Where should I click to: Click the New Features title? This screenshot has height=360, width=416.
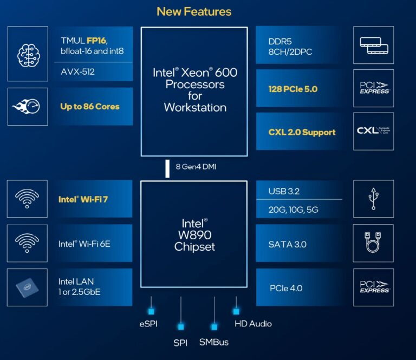click(194, 11)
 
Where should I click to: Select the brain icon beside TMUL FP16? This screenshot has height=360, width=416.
click(26, 53)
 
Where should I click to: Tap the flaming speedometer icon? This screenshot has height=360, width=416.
click(26, 106)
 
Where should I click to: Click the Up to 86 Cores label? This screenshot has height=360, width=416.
click(89, 106)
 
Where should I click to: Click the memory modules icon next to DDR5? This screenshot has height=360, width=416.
click(374, 45)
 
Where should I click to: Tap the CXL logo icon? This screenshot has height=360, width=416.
click(374, 131)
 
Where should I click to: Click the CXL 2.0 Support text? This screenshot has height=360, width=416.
click(302, 132)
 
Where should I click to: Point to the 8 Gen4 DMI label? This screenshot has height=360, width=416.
click(196, 167)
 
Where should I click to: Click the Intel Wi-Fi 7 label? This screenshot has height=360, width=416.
click(83, 199)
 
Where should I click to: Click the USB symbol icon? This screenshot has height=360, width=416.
click(374, 199)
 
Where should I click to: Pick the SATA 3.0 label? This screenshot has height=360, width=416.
click(287, 244)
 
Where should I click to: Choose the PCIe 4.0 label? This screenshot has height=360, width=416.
click(285, 288)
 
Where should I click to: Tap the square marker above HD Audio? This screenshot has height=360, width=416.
click(236, 311)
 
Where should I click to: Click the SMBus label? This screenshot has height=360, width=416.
click(214, 342)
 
